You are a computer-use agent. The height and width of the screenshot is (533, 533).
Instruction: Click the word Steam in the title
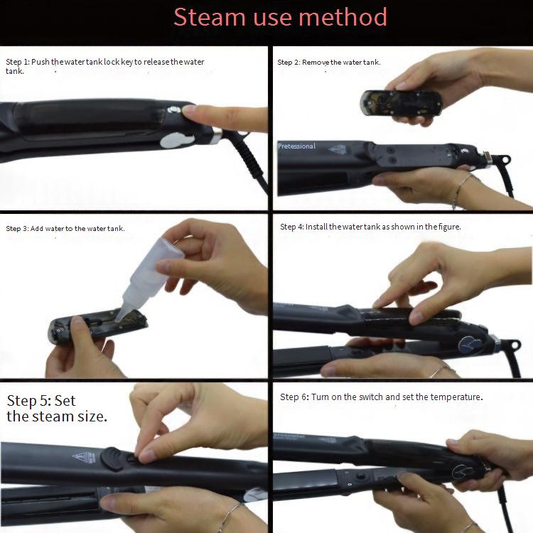click(210, 17)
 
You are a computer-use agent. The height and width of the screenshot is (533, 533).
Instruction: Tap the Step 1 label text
click(18, 62)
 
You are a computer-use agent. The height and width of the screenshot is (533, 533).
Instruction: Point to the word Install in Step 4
click(316, 227)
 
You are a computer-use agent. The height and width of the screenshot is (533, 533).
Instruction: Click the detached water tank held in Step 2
click(401, 102)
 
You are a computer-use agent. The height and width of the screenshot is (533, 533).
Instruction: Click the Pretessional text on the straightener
click(297, 146)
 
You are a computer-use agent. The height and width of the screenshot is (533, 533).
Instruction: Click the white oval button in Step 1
click(177, 140)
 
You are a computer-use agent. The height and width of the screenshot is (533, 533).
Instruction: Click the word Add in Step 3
click(37, 228)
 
